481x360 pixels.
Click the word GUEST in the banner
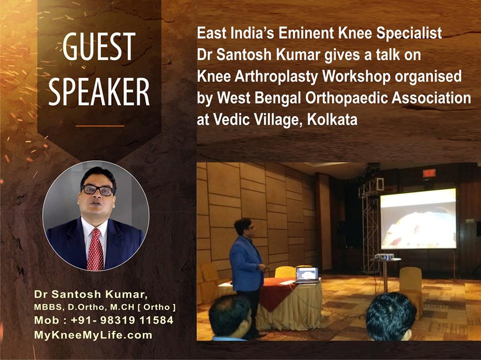pos(99,47)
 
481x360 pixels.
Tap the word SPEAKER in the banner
pos(99,92)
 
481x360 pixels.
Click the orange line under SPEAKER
pos(100,126)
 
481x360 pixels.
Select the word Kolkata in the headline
pos(332,119)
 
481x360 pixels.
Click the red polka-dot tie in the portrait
pos(95,249)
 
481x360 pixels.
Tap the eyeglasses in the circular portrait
pos(98,190)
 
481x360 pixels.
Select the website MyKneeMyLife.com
pos(93,335)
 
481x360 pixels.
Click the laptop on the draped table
pos(307,275)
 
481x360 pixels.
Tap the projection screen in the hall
pos(418,219)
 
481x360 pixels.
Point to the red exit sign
pos(429,173)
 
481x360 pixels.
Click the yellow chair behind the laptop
pos(285,272)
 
